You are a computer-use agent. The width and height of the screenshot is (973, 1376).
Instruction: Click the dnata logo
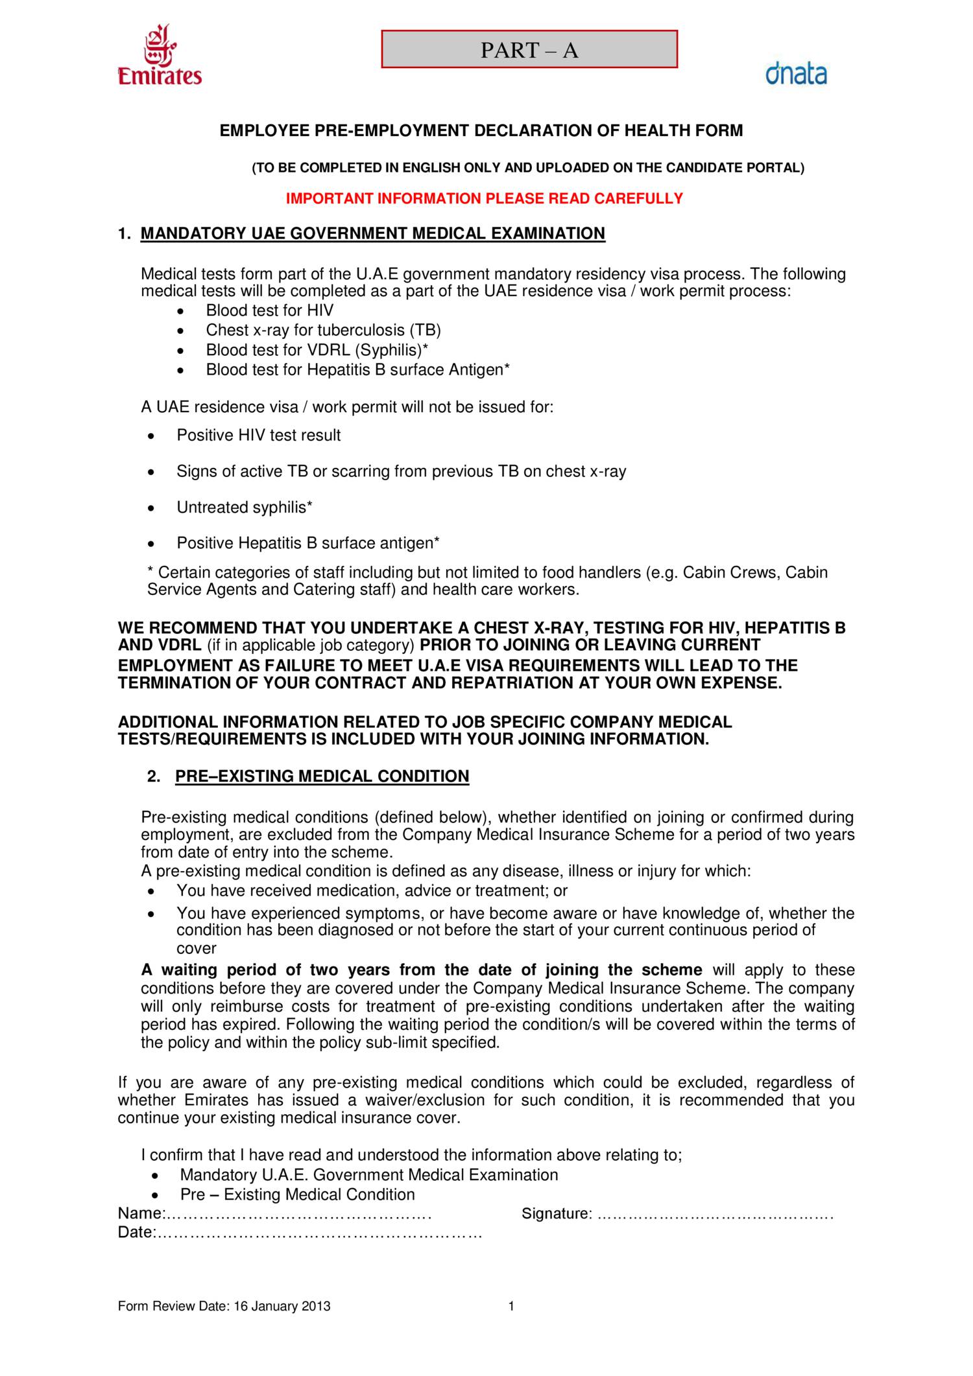coord(796,73)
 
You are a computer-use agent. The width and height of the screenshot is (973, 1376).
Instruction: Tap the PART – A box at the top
coord(529,49)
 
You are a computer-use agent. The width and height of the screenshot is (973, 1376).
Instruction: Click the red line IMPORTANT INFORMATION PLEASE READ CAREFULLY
coord(485,198)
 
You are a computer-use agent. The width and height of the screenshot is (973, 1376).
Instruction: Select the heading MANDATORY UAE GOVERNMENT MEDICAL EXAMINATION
coord(372,233)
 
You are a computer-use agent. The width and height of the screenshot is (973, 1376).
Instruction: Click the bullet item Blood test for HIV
coord(269,310)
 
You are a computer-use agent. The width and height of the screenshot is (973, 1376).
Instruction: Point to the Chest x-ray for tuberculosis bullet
coord(323,330)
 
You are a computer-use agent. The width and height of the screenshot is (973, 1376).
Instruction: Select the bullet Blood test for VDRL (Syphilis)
coord(317,350)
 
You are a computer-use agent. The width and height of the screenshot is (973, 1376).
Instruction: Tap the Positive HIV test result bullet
coord(258,435)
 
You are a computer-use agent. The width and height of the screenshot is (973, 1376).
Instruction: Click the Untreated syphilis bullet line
coord(245,507)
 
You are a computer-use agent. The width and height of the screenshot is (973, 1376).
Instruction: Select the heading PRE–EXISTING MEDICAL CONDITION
coord(322,776)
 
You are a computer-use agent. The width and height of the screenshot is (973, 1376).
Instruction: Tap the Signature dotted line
coord(714,1213)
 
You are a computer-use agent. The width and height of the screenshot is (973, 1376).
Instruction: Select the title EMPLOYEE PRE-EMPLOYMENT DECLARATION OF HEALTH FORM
coord(481,130)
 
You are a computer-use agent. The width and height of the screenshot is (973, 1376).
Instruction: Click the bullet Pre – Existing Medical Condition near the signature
coord(297,1195)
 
